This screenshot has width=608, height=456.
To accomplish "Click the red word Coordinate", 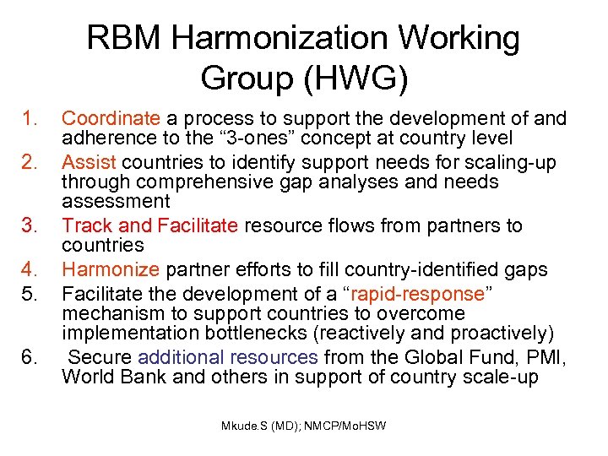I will pyautogui.click(x=111, y=119).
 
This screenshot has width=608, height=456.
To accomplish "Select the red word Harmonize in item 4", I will pyautogui.click(x=111, y=270).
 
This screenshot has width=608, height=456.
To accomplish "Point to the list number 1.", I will pyautogui.click(x=32, y=119).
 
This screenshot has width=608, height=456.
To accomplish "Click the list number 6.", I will pyautogui.click(x=32, y=357).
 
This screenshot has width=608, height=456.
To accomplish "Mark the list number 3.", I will pyautogui.click(x=32, y=226).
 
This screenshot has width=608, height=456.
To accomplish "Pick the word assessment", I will pyautogui.click(x=116, y=202).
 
